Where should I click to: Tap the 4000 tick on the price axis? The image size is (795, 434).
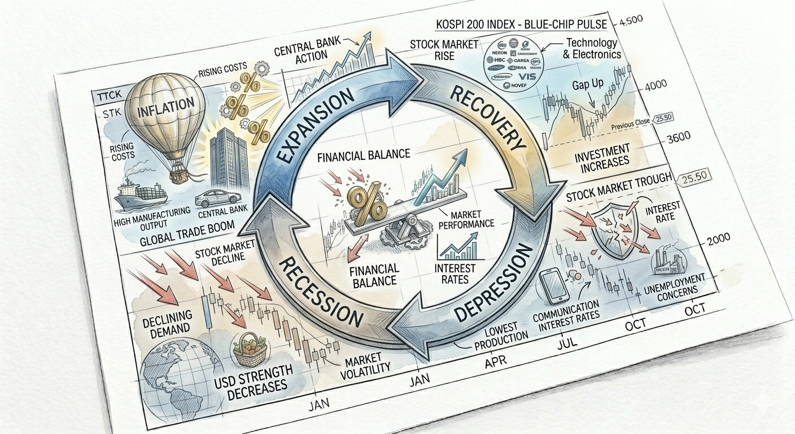pos(654,84)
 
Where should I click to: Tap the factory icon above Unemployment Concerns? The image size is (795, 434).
pos(668,261)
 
